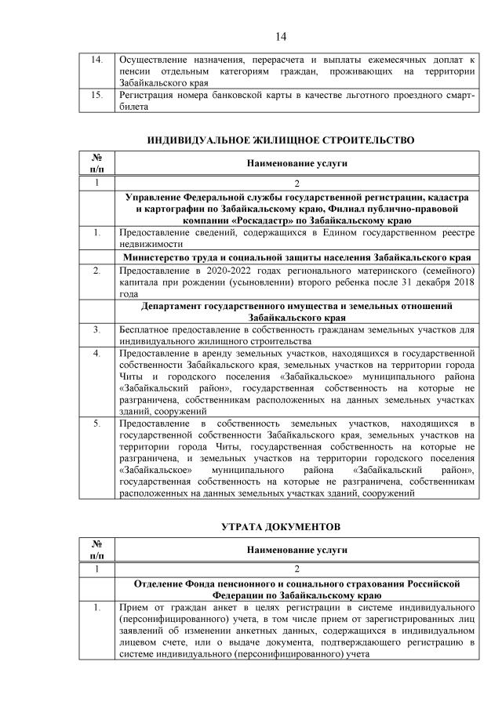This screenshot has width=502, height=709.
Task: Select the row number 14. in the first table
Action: coord(93,60)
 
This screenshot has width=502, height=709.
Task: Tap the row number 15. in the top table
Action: coord(93,95)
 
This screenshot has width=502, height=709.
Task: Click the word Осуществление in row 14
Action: coord(151,60)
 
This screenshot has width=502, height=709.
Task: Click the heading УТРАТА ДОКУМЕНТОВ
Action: coord(281,523)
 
